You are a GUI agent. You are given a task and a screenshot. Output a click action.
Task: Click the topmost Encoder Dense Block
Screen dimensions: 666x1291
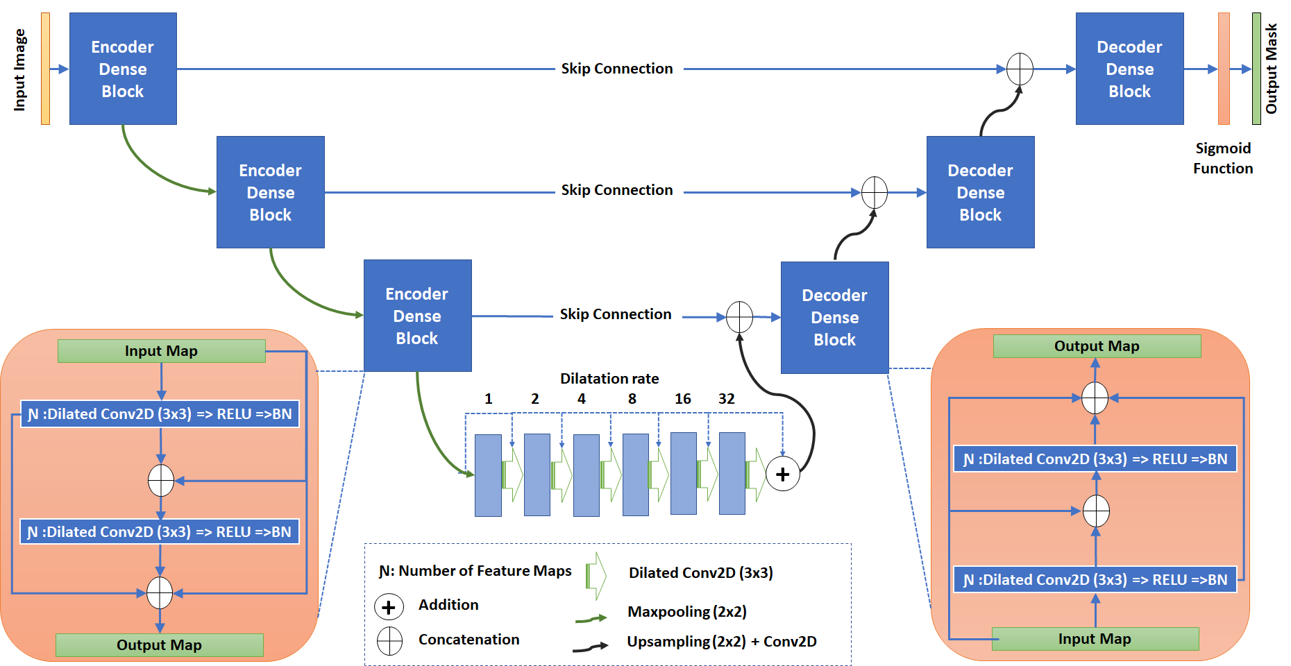pyautogui.click(x=123, y=69)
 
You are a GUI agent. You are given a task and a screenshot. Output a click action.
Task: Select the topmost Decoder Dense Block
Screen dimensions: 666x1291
pyautogui.click(x=1129, y=69)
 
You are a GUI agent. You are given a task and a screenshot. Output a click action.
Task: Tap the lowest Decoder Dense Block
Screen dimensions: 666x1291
pyautogui.click(x=834, y=317)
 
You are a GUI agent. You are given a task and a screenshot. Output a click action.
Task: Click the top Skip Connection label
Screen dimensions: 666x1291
pyautogui.click(x=617, y=69)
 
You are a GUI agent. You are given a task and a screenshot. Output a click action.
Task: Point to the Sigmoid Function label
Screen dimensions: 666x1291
pyautogui.click(x=1223, y=158)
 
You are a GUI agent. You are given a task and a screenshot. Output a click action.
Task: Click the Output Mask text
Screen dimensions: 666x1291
pyautogui.click(x=1272, y=69)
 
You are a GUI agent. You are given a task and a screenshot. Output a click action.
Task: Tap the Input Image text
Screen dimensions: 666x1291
pyautogui.click(x=20, y=69)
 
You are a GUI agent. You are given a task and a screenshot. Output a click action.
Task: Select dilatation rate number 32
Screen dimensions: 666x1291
pyautogui.click(x=727, y=399)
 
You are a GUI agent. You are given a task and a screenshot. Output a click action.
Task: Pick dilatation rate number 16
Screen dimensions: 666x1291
pyautogui.click(x=683, y=399)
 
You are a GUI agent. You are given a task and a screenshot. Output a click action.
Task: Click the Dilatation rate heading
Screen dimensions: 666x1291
pyautogui.click(x=609, y=379)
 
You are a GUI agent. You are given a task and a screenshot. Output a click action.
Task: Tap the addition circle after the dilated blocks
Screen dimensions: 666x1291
pyautogui.click(x=783, y=474)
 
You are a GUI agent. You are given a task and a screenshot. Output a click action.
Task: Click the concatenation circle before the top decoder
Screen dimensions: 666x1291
pyautogui.click(x=1020, y=69)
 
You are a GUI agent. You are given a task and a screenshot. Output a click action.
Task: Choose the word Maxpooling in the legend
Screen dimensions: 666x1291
pyautogui.click(x=668, y=612)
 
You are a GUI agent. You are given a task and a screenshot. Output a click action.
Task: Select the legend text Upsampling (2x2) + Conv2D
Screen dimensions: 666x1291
pyautogui.click(x=721, y=642)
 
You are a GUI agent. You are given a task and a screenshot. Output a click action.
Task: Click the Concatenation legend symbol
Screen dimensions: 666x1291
pyautogui.click(x=389, y=641)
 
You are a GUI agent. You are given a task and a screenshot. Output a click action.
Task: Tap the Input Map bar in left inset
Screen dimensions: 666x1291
pyautogui.click(x=161, y=351)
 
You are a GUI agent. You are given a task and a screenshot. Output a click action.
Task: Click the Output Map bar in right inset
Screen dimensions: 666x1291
pyautogui.click(x=1097, y=346)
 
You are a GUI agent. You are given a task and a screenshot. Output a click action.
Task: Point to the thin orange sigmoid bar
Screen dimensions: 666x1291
pyautogui.click(x=1224, y=69)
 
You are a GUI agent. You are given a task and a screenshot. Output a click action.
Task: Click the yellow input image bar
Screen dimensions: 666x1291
pyautogui.click(x=45, y=69)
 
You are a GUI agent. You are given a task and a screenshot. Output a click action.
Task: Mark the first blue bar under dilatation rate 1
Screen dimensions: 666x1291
pyautogui.click(x=488, y=475)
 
